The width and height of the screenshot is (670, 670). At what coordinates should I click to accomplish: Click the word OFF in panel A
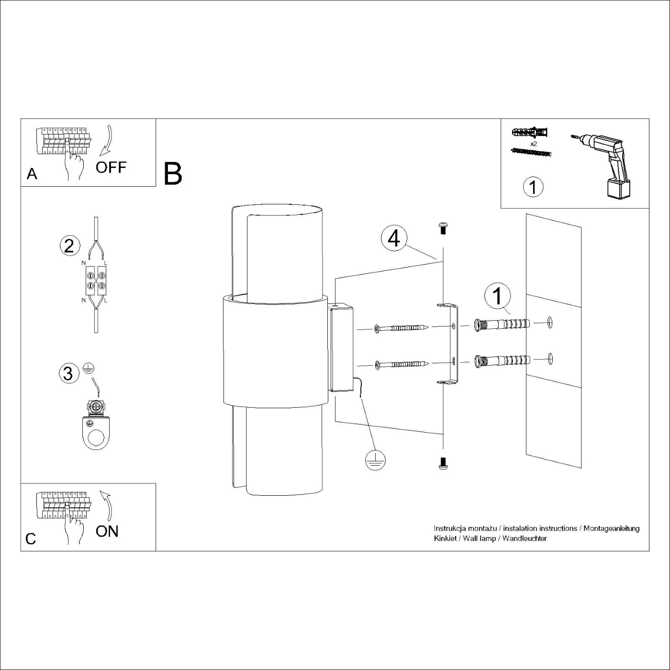tap(111, 167)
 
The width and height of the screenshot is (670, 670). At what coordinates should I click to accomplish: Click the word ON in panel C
tap(107, 531)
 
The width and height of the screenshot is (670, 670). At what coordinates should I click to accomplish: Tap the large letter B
tap(173, 174)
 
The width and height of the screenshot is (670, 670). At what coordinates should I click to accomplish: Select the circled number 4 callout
tap(394, 238)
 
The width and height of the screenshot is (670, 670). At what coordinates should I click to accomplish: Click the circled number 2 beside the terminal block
tap(69, 246)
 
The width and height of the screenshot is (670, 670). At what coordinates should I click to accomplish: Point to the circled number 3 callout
tap(68, 373)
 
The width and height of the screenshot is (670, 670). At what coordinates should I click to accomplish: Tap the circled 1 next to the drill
tap(533, 186)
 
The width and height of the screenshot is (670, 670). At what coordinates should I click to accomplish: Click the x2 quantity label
tap(533, 143)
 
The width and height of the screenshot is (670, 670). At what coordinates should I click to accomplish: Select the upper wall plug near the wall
tap(502, 324)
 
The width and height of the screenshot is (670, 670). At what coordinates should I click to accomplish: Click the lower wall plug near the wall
tap(502, 360)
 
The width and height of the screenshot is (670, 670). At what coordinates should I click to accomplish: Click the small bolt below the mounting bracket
tap(443, 462)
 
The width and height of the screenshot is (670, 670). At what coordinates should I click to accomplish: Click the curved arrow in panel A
tap(106, 141)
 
